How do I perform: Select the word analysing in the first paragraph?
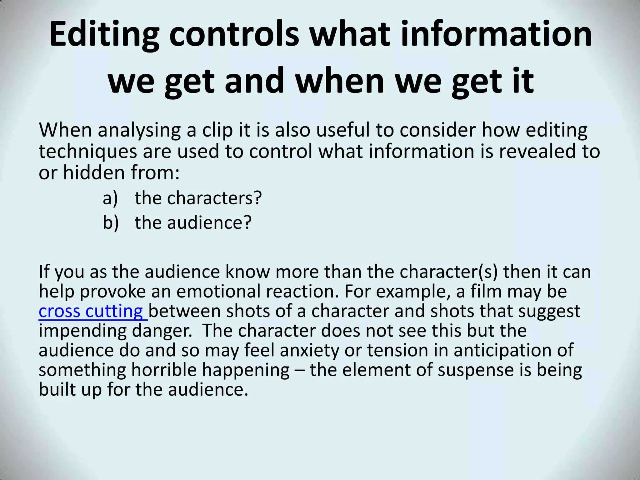tap(139, 130)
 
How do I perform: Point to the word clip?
tap(217, 130)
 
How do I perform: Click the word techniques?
tap(88, 152)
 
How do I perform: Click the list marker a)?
tap(110, 198)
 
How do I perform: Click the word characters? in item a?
tap(214, 198)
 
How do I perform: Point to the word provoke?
tap(113, 292)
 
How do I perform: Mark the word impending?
tap(82, 331)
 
